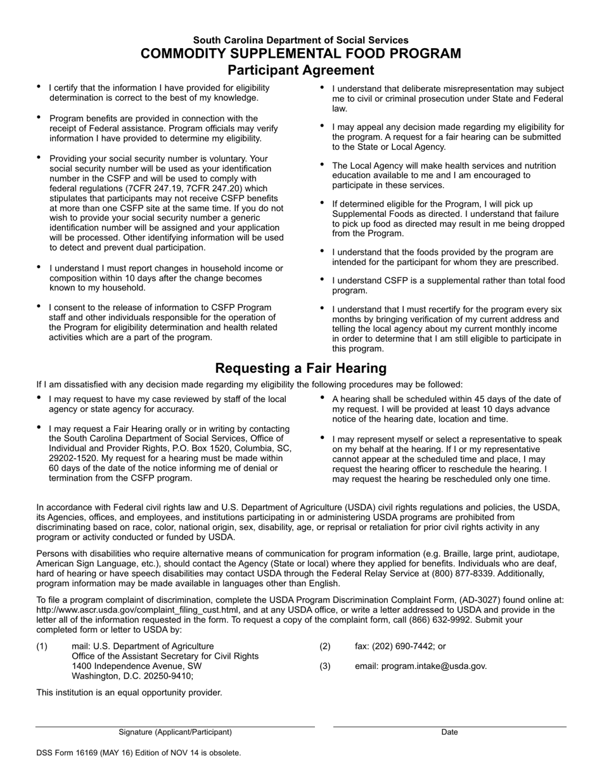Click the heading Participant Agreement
300,70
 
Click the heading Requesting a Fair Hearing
300,368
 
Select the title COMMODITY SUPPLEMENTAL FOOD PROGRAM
300,54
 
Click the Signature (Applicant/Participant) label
175,732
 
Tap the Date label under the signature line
449,732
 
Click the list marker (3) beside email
325,666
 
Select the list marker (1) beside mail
42,646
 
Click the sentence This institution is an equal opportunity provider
129,692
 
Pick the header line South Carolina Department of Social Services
300,40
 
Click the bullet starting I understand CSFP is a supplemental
448,285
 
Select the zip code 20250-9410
170,676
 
